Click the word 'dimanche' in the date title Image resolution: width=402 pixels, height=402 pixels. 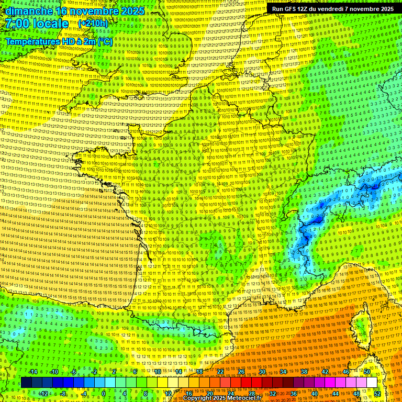point(29,11)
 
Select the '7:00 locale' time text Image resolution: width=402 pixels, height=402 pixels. point(37,24)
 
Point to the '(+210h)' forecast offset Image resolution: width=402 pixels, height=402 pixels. point(93,24)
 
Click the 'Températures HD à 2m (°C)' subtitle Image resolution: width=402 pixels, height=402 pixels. point(59,41)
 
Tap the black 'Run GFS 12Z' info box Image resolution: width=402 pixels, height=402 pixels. point(333,9)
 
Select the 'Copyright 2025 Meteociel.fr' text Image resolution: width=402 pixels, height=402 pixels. point(222,398)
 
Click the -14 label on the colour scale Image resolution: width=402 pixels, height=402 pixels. point(33,372)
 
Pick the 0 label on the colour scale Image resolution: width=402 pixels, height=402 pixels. point(103,393)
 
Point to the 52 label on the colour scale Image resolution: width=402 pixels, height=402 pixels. point(377,393)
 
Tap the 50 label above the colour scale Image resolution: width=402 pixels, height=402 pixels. point(367,372)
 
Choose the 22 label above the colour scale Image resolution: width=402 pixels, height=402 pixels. point(220,372)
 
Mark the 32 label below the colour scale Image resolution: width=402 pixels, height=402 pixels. point(273,393)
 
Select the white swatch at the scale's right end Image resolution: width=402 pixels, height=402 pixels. point(372,383)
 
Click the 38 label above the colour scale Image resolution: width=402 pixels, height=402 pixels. point(304,372)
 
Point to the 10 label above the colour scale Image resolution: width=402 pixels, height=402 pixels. point(158,372)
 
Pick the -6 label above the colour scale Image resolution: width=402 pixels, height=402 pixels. point(74,372)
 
